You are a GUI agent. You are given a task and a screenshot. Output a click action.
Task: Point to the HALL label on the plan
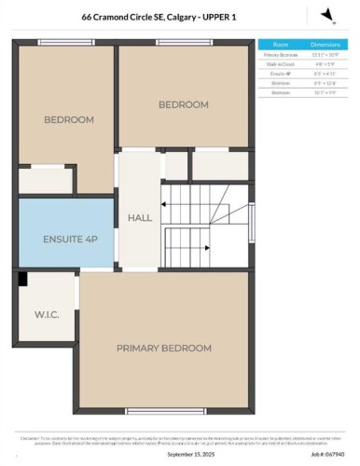pyautogui.click(x=140, y=217)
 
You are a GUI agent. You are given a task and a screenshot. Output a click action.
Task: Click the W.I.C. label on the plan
pyautogui.click(x=48, y=314)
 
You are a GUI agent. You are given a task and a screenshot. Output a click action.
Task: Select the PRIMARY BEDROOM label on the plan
pyautogui.click(x=163, y=348)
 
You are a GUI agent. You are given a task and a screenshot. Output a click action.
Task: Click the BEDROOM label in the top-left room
pyautogui.click(x=69, y=119)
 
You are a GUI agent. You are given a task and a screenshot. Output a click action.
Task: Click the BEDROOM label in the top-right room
pyautogui.click(x=183, y=104)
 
